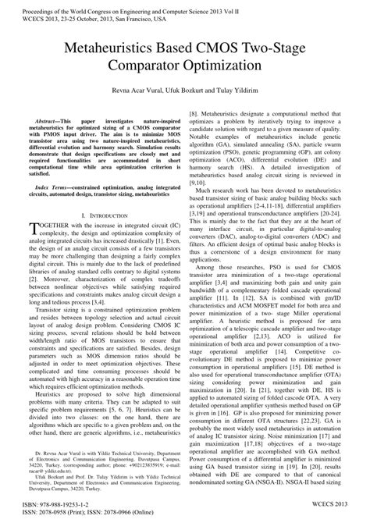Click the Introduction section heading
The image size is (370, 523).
point(98,214)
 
